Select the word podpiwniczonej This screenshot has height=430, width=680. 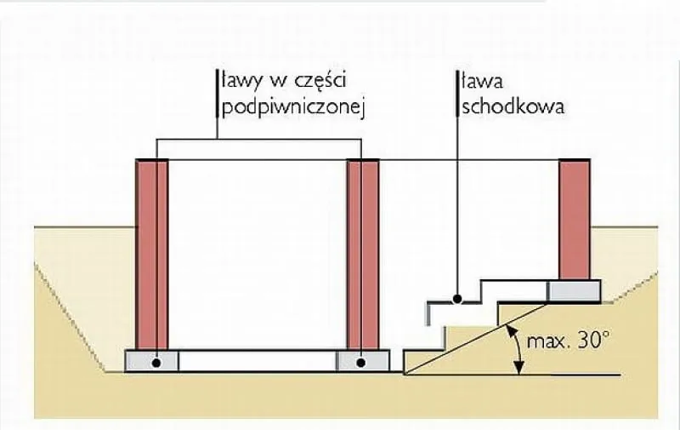point(292,108)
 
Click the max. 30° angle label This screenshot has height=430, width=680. point(568,341)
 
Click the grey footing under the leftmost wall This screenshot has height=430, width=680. point(152,361)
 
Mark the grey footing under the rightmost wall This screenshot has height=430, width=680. point(575,291)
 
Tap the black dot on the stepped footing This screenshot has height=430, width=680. point(457,299)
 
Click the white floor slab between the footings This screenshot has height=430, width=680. point(258,361)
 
